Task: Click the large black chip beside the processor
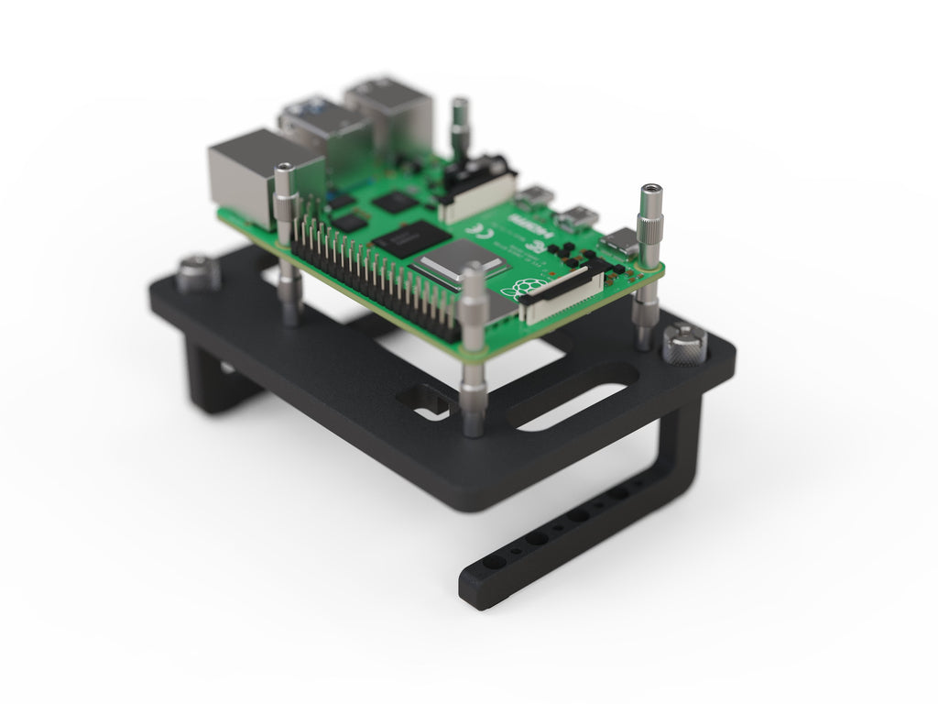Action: (x=410, y=237)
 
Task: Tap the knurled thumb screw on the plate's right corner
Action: (x=684, y=344)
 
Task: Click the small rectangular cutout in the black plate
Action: (x=424, y=401)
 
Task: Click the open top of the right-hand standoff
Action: (x=650, y=191)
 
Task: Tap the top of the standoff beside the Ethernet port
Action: (x=285, y=170)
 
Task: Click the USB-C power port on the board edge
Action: (x=623, y=242)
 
